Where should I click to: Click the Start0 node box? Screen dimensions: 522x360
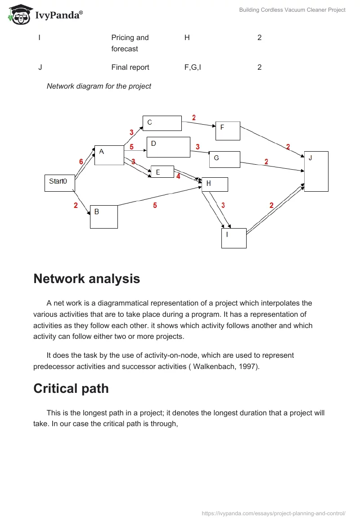pos(59,183)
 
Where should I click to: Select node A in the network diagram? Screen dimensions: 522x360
pos(109,155)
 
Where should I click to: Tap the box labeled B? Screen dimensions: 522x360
pos(103,216)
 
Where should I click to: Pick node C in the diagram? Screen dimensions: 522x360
pos(162,123)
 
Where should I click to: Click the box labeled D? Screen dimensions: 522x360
pos(168,147)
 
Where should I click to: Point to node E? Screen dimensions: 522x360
pos(162,171)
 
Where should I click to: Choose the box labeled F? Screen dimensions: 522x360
pos(228,131)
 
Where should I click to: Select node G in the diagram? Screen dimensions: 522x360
pos(225,159)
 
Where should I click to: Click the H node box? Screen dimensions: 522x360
pos(215,184)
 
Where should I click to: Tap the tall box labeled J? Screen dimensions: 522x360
pos(316,171)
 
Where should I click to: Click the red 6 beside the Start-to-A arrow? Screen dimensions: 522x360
pos(81,162)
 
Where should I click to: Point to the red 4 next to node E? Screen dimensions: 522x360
pos(178,176)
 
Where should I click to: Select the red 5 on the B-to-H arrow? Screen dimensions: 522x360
pos(155,206)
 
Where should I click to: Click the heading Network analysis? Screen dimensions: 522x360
pos(87,279)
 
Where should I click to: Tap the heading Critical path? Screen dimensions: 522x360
pos(71,388)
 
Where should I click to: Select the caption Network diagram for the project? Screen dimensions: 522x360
pos(99,86)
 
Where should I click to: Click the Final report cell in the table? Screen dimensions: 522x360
pos(130,67)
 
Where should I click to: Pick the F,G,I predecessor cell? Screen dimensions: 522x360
pos(193,67)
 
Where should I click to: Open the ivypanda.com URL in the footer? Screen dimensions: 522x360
pos(274,513)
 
